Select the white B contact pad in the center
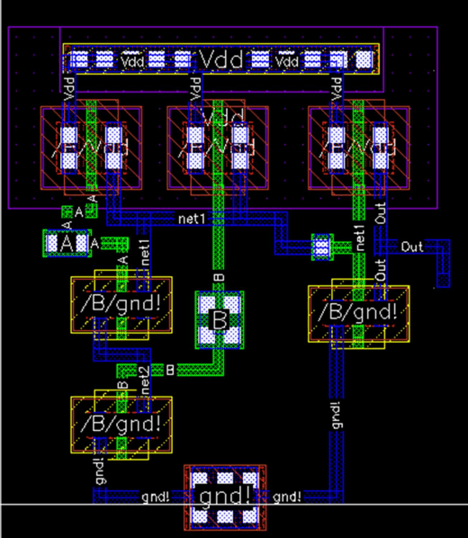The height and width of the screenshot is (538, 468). pos(220,319)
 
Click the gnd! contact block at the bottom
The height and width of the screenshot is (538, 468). pos(224,494)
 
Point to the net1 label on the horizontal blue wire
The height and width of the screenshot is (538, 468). pos(192,219)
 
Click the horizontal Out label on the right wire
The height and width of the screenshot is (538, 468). pos(412,246)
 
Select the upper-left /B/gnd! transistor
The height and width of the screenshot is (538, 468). pos(121,307)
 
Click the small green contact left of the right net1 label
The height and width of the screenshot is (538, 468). pos(321,245)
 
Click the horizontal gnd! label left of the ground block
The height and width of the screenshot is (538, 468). pos(156,497)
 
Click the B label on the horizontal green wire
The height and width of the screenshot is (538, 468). pos(169,370)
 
